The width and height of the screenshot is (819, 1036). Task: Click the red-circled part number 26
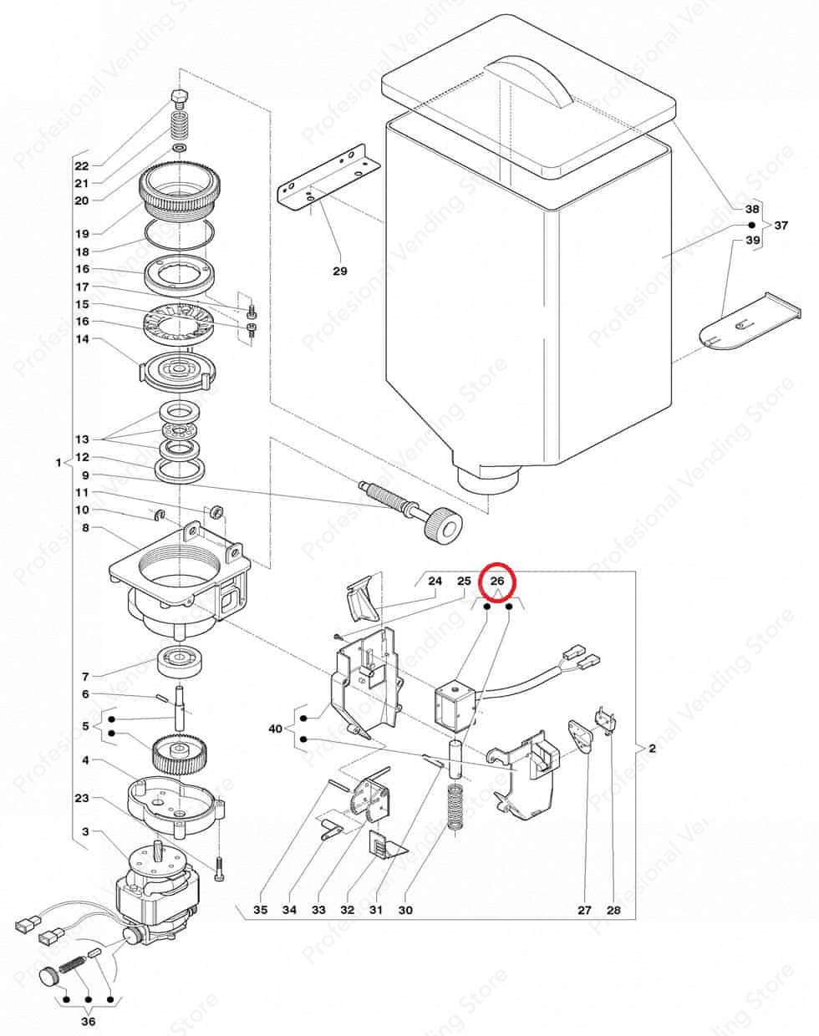coord(498,581)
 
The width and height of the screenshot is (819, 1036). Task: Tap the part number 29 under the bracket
coord(340,271)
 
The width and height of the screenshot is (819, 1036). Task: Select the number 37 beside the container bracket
coord(781,226)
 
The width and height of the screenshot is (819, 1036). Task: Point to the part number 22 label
coord(104,165)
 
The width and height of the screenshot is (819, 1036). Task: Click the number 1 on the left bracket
coord(58,462)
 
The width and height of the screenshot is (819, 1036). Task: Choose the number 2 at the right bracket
coord(652,749)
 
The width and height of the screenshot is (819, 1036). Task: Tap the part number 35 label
coord(261,910)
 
